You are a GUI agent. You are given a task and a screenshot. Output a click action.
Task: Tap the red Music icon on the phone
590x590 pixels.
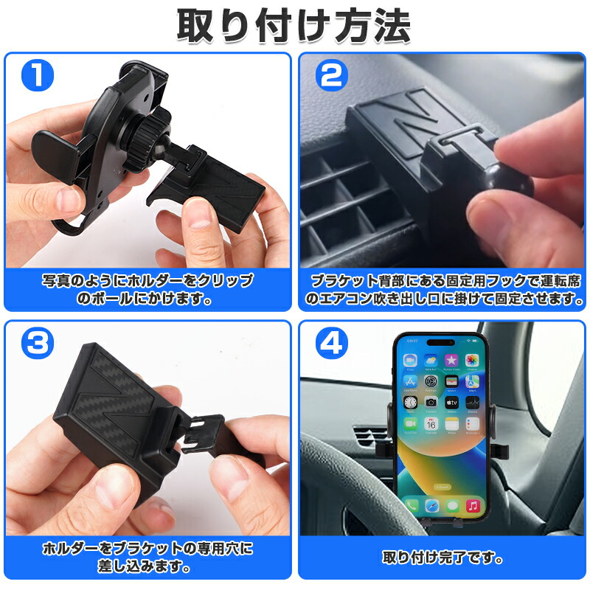(473, 506)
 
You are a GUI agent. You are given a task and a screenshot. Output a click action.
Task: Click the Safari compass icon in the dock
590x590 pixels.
(432, 506)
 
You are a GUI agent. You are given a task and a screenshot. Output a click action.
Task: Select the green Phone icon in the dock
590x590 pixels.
(412, 506)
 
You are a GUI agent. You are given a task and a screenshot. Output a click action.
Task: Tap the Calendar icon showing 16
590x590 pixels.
(431, 424)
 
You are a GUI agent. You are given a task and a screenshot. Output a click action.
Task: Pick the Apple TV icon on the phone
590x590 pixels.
(452, 403)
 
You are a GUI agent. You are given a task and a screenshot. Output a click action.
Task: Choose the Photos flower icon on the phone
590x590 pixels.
(473, 360)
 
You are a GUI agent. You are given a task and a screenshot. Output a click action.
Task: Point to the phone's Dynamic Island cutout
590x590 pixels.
(442, 342)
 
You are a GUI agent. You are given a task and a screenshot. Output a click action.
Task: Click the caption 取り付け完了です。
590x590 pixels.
(442, 558)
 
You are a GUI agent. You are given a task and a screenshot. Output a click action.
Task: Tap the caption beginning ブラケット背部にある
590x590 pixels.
(442, 290)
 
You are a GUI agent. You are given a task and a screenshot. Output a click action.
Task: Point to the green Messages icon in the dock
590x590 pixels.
(453, 506)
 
